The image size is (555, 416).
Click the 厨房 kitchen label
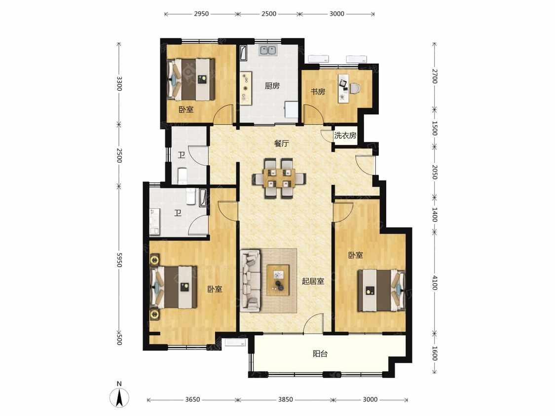tap(272, 86)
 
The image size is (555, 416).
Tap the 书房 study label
tap(318, 92)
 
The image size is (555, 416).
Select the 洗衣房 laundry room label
tap(345, 135)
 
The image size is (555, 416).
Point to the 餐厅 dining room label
tap(282, 143)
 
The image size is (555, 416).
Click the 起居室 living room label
tap(313, 281)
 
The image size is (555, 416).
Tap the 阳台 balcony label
tap(320, 354)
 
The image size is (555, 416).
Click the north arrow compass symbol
tap(119, 397)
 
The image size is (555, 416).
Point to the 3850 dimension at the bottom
tap(285, 400)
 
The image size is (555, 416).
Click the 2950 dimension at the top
tap(201, 14)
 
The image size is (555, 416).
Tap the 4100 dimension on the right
tap(435, 282)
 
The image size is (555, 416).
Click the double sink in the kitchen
tap(268, 51)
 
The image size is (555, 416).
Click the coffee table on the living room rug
tap(278, 280)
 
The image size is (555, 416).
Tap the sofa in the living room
tap(250, 280)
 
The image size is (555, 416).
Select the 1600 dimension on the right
tap(435, 353)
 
